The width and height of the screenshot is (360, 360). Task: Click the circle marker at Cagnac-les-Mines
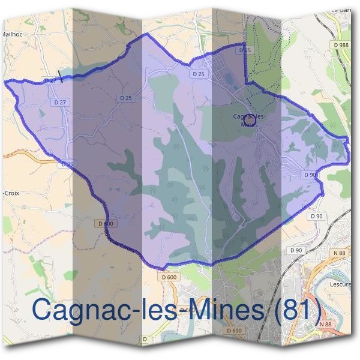pos(251,121)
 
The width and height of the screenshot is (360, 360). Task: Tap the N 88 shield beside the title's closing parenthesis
pos(326,324)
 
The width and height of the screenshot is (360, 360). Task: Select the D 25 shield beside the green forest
pos(244,50)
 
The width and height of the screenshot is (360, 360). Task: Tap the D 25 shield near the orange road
pos(67,164)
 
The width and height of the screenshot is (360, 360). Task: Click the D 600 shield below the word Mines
pos(235,331)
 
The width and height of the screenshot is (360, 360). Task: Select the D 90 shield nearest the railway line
pos(295,250)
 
